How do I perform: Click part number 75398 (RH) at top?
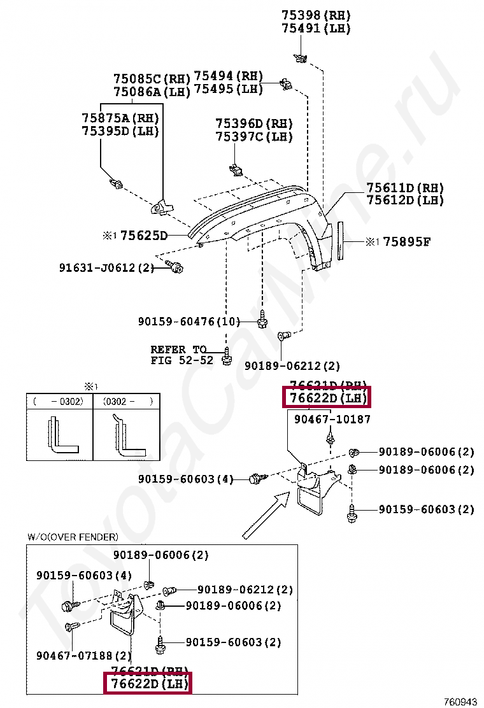[x=316, y=15]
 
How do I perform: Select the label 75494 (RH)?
[x=228, y=76]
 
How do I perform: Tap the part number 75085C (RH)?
[x=152, y=79]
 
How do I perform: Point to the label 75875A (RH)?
[x=120, y=118]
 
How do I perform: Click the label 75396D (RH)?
[x=253, y=124]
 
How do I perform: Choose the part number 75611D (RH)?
[x=405, y=188]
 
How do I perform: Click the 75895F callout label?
[x=406, y=241]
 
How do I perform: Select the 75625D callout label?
[x=143, y=236]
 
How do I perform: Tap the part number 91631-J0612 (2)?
[x=107, y=268]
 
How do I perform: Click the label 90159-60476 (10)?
[x=189, y=322]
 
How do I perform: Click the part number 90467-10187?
[x=332, y=420]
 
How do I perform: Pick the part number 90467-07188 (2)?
[x=83, y=655]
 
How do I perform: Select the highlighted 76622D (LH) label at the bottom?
[x=148, y=684]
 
